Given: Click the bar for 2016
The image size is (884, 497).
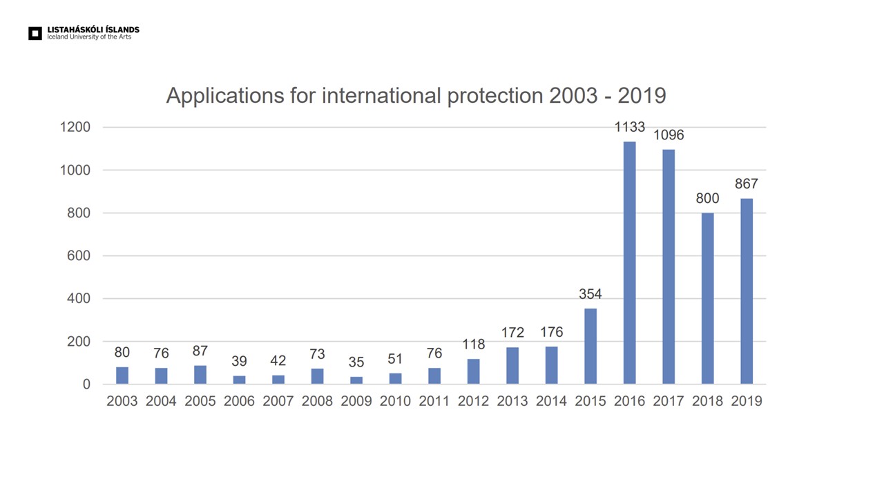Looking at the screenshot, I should point(629,262).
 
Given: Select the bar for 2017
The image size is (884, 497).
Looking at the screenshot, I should point(669,266).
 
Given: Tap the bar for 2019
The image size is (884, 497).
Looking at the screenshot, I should point(747,291).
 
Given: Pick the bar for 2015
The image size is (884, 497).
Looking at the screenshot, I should point(590,346).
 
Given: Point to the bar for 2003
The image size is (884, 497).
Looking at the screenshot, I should point(122,376).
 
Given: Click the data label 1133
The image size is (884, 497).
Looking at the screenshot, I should point(629,127).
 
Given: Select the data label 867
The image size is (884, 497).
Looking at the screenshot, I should point(747,184).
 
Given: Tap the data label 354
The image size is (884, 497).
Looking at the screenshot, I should point(590,294).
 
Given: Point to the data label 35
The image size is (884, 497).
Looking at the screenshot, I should point(356,362).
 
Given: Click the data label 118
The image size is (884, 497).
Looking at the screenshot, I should point(473,344).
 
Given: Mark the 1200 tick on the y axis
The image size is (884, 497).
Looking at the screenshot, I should point(75,127).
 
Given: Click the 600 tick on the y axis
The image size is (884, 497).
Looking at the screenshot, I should point(79,256).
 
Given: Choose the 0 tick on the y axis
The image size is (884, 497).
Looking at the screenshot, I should point(86,384).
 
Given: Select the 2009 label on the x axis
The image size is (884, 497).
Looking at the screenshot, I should point(356,401).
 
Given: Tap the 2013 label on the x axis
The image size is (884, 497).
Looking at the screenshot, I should point(512,401).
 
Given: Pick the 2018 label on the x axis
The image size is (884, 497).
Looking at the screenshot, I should point(707,401).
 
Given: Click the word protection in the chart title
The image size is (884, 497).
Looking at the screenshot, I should point(495,95).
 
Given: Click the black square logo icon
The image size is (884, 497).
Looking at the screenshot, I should point(35,33).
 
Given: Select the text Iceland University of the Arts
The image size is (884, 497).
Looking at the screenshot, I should point(89,37).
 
